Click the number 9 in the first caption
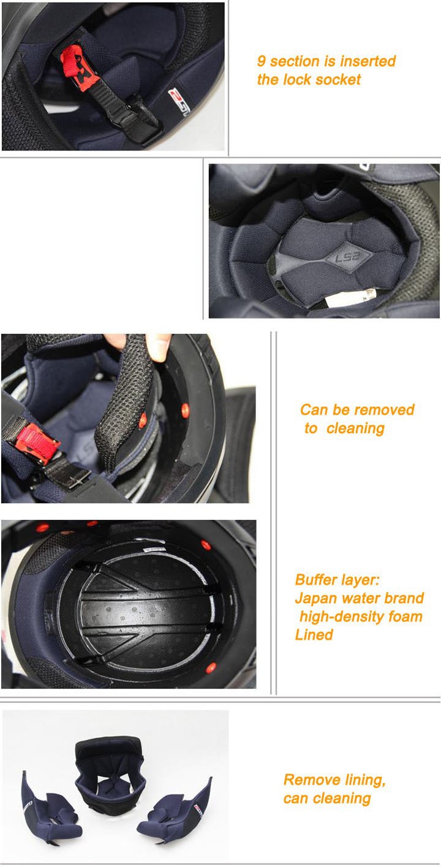click(x=262, y=61)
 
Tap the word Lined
click(x=314, y=635)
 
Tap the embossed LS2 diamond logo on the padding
click(x=348, y=256)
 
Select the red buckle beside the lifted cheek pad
click(x=37, y=442)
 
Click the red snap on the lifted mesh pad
click(x=143, y=420)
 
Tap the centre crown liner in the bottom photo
click(x=110, y=768)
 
